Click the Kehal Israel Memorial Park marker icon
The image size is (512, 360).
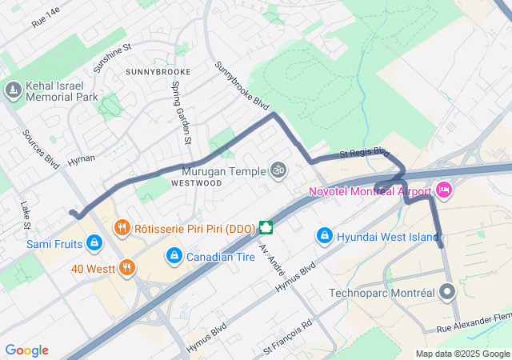pyautogui.click(x=12, y=90)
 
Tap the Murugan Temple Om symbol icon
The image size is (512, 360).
pyautogui.click(x=278, y=170)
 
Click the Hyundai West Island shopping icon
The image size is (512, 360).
pyautogui.click(x=324, y=236)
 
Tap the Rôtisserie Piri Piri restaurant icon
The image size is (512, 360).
pyautogui.click(x=122, y=227)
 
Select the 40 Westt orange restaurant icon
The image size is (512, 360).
pyautogui.click(x=126, y=268)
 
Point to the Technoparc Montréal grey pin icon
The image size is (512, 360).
pyautogui.click(x=448, y=293)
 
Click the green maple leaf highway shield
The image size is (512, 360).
pyautogui.click(x=265, y=227)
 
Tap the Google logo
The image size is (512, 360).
pyautogui.click(x=27, y=350)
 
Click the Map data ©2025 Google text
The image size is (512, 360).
pyautogui.click(x=462, y=354)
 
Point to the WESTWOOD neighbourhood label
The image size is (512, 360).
pyautogui.click(x=196, y=183)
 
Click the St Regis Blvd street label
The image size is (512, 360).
pyautogui.click(x=364, y=152)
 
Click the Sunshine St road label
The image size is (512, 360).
pyautogui.click(x=112, y=58)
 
